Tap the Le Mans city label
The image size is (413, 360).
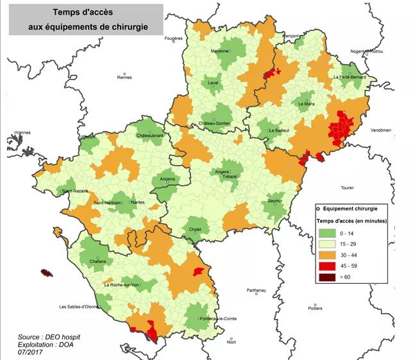click(x=306, y=102)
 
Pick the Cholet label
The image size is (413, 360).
click(x=195, y=229)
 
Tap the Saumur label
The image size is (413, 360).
click(x=275, y=201)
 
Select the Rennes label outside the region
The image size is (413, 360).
click(x=124, y=77)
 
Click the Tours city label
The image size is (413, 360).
click(x=347, y=188)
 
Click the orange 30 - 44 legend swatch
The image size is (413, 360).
click(x=327, y=255)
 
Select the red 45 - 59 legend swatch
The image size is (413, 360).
click(x=327, y=266)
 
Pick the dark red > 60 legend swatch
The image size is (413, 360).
click(x=327, y=277)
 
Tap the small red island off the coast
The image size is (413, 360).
click(x=46, y=273)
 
